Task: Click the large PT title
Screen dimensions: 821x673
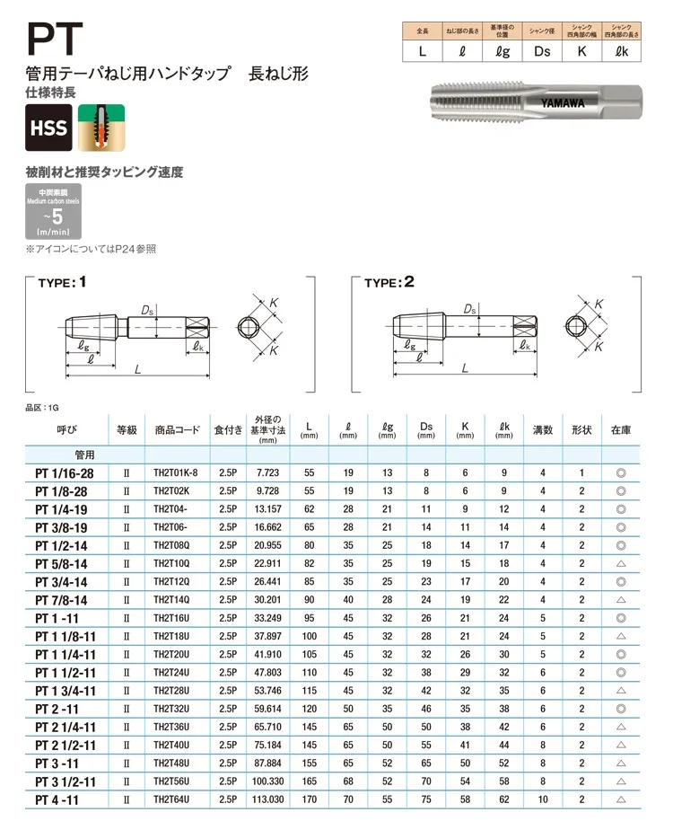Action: click(x=56, y=40)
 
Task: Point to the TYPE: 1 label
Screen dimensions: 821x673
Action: click(x=62, y=282)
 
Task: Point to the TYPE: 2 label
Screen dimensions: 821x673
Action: click(x=389, y=282)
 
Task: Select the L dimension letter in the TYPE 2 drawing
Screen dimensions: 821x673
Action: click(x=464, y=368)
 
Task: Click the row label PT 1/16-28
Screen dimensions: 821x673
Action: click(x=65, y=472)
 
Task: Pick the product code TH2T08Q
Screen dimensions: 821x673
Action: click(x=170, y=545)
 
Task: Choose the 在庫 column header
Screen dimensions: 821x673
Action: click(x=621, y=430)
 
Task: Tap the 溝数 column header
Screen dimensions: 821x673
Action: click(x=543, y=430)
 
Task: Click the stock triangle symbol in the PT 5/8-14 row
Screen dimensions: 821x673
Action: click(x=621, y=563)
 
